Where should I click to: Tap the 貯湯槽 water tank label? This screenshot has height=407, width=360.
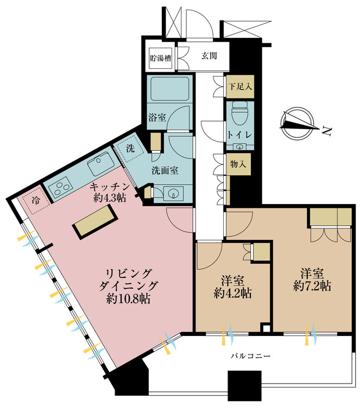(x=161, y=58)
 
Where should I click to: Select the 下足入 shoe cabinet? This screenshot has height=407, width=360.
(x=239, y=86)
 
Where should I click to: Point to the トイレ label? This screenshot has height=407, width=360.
(x=239, y=134)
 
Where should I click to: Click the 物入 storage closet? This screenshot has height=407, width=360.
(x=239, y=163)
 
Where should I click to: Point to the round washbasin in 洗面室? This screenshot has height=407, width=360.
(x=174, y=193)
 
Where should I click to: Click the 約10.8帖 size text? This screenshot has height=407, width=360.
(x=129, y=298)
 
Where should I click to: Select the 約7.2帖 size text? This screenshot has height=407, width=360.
(x=311, y=286)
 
